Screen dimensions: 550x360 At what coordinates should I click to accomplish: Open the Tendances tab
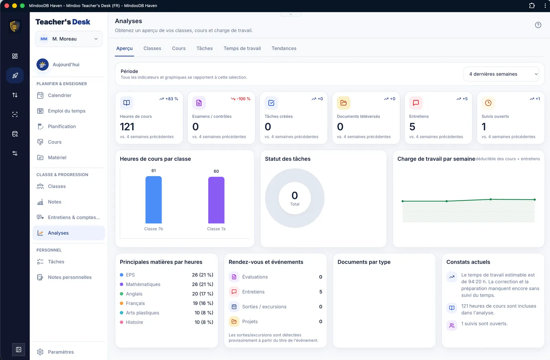click(x=284, y=48)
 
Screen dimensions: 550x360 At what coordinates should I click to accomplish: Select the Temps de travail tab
click(x=242, y=48)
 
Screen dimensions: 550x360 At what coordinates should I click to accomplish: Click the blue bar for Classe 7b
click(x=153, y=200)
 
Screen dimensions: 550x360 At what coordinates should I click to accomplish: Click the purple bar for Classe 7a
click(x=216, y=200)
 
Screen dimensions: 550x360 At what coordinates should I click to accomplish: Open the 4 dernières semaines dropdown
click(x=501, y=74)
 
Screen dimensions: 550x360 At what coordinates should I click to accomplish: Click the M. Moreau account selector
click(x=69, y=39)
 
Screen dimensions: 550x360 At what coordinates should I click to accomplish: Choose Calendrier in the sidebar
click(x=60, y=95)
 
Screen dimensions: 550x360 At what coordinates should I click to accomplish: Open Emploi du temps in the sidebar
click(x=67, y=111)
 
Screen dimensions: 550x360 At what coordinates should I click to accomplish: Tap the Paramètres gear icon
click(x=40, y=352)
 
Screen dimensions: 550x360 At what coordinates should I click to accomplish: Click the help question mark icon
click(x=538, y=25)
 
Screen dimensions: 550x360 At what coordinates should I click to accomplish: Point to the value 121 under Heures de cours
click(x=127, y=127)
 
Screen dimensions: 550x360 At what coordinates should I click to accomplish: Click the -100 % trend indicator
click(x=240, y=99)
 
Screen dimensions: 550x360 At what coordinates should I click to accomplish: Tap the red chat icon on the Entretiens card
click(x=416, y=103)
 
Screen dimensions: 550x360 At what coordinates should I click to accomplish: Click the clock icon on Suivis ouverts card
click(x=488, y=103)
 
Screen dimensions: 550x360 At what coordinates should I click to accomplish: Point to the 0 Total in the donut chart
click(x=295, y=198)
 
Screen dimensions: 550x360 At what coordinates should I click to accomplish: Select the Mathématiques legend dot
click(x=122, y=284)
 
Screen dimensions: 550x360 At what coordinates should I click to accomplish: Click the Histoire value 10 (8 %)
click(x=204, y=322)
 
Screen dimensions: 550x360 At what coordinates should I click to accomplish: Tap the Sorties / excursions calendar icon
click(x=234, y=306)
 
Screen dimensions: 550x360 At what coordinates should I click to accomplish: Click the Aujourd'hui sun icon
click(x=43, y=65)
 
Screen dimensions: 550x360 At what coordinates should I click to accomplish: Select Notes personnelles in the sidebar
click(x=70, y=277)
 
